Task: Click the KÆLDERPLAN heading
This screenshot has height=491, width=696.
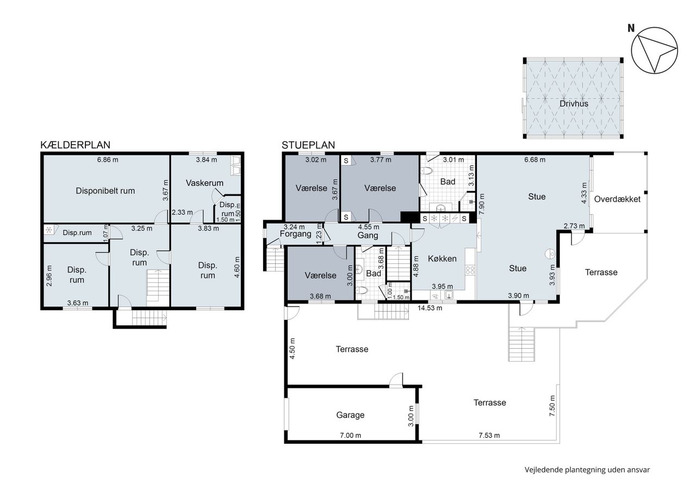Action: (x=75, y=145)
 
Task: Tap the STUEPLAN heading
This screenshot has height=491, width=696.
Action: (x=308, y=145)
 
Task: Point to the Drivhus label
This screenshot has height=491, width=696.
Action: (x=574, y=104)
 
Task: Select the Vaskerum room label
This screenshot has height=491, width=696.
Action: (x=204, y=183)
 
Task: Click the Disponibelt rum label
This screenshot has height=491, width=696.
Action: (x=105, y=191)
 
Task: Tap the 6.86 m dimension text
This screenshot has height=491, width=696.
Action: (x=108, y=160)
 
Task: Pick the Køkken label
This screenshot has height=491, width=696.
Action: (x=442, y=259)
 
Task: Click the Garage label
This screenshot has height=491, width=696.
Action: (x=350, y=415)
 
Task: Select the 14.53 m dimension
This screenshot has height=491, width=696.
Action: (x=430, y=308)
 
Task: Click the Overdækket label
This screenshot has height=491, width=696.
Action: (x=617, y=199)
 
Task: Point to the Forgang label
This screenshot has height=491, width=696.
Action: (x=295, y=234)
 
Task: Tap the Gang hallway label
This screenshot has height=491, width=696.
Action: (x=368, y=235)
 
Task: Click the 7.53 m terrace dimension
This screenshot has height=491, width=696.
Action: (x=489, y=436)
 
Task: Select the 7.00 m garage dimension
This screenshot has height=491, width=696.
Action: (x=351, y=436)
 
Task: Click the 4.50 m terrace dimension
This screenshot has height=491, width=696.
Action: (x=292, y=349)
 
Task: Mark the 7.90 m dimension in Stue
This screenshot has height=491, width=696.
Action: (x=482, y=204)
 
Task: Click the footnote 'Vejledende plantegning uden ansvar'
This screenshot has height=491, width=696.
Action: (x=587, y=470)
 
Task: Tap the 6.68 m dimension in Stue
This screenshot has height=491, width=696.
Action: (x=535, y=160)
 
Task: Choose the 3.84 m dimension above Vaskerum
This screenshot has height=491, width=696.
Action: (x=206, y=160)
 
